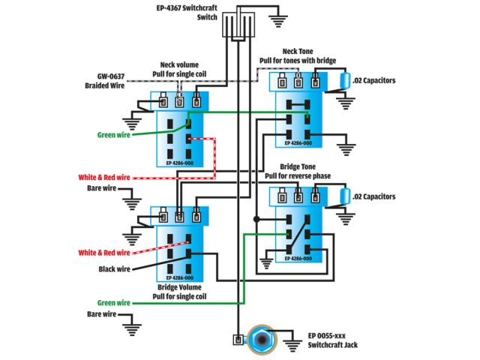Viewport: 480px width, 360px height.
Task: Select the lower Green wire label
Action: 113,303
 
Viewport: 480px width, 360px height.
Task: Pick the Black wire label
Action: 114,268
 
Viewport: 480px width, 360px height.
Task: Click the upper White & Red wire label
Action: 104,178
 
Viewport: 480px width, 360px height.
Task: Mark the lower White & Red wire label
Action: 105,253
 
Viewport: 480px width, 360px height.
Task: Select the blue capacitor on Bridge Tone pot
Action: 343,197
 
